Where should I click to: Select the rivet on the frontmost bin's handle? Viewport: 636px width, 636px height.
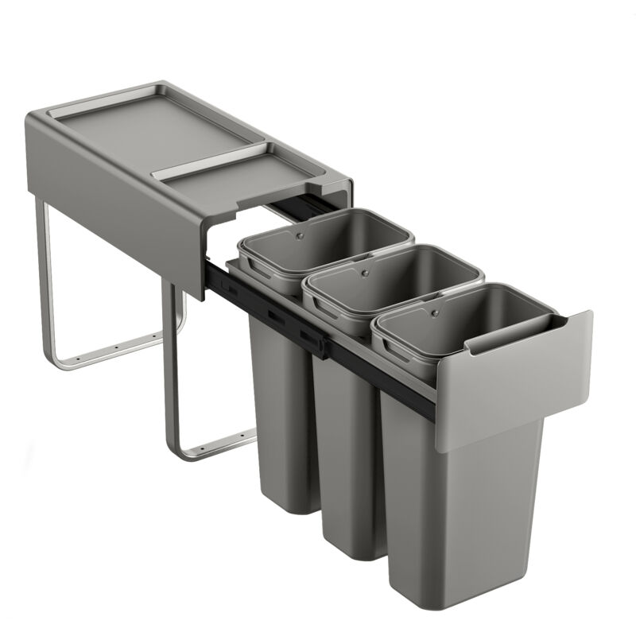[434, 312]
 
